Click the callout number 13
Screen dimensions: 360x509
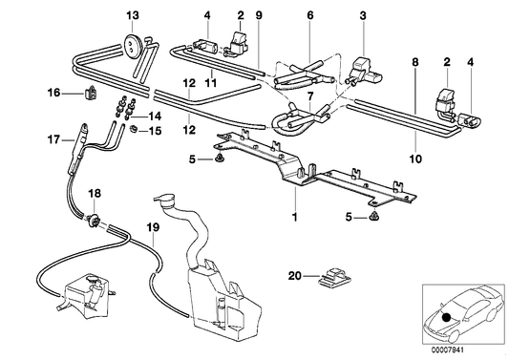(132, 14)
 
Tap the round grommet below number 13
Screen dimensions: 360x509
(132, 42)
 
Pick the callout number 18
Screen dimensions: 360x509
(95, 194)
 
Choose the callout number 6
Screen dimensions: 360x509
(309, 14)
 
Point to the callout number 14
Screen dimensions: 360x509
(158, 115)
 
